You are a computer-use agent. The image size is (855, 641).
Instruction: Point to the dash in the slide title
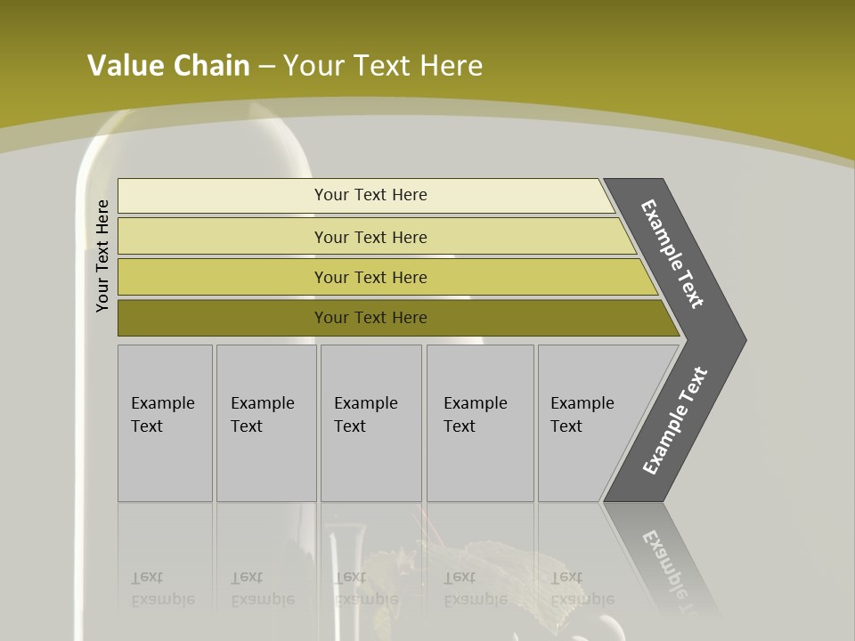(266, 67)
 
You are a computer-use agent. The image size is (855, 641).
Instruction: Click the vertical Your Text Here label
(102, 256)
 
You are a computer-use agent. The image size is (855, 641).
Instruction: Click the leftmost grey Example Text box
(165, 423)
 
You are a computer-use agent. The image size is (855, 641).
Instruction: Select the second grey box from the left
(266, 423)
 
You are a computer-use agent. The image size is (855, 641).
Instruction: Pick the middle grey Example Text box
(370, 423)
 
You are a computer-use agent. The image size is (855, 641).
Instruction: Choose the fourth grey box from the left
(480, 423)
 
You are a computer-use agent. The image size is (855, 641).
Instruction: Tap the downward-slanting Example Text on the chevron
(672, 254)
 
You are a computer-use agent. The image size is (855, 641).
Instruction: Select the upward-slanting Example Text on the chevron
(674, 421)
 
